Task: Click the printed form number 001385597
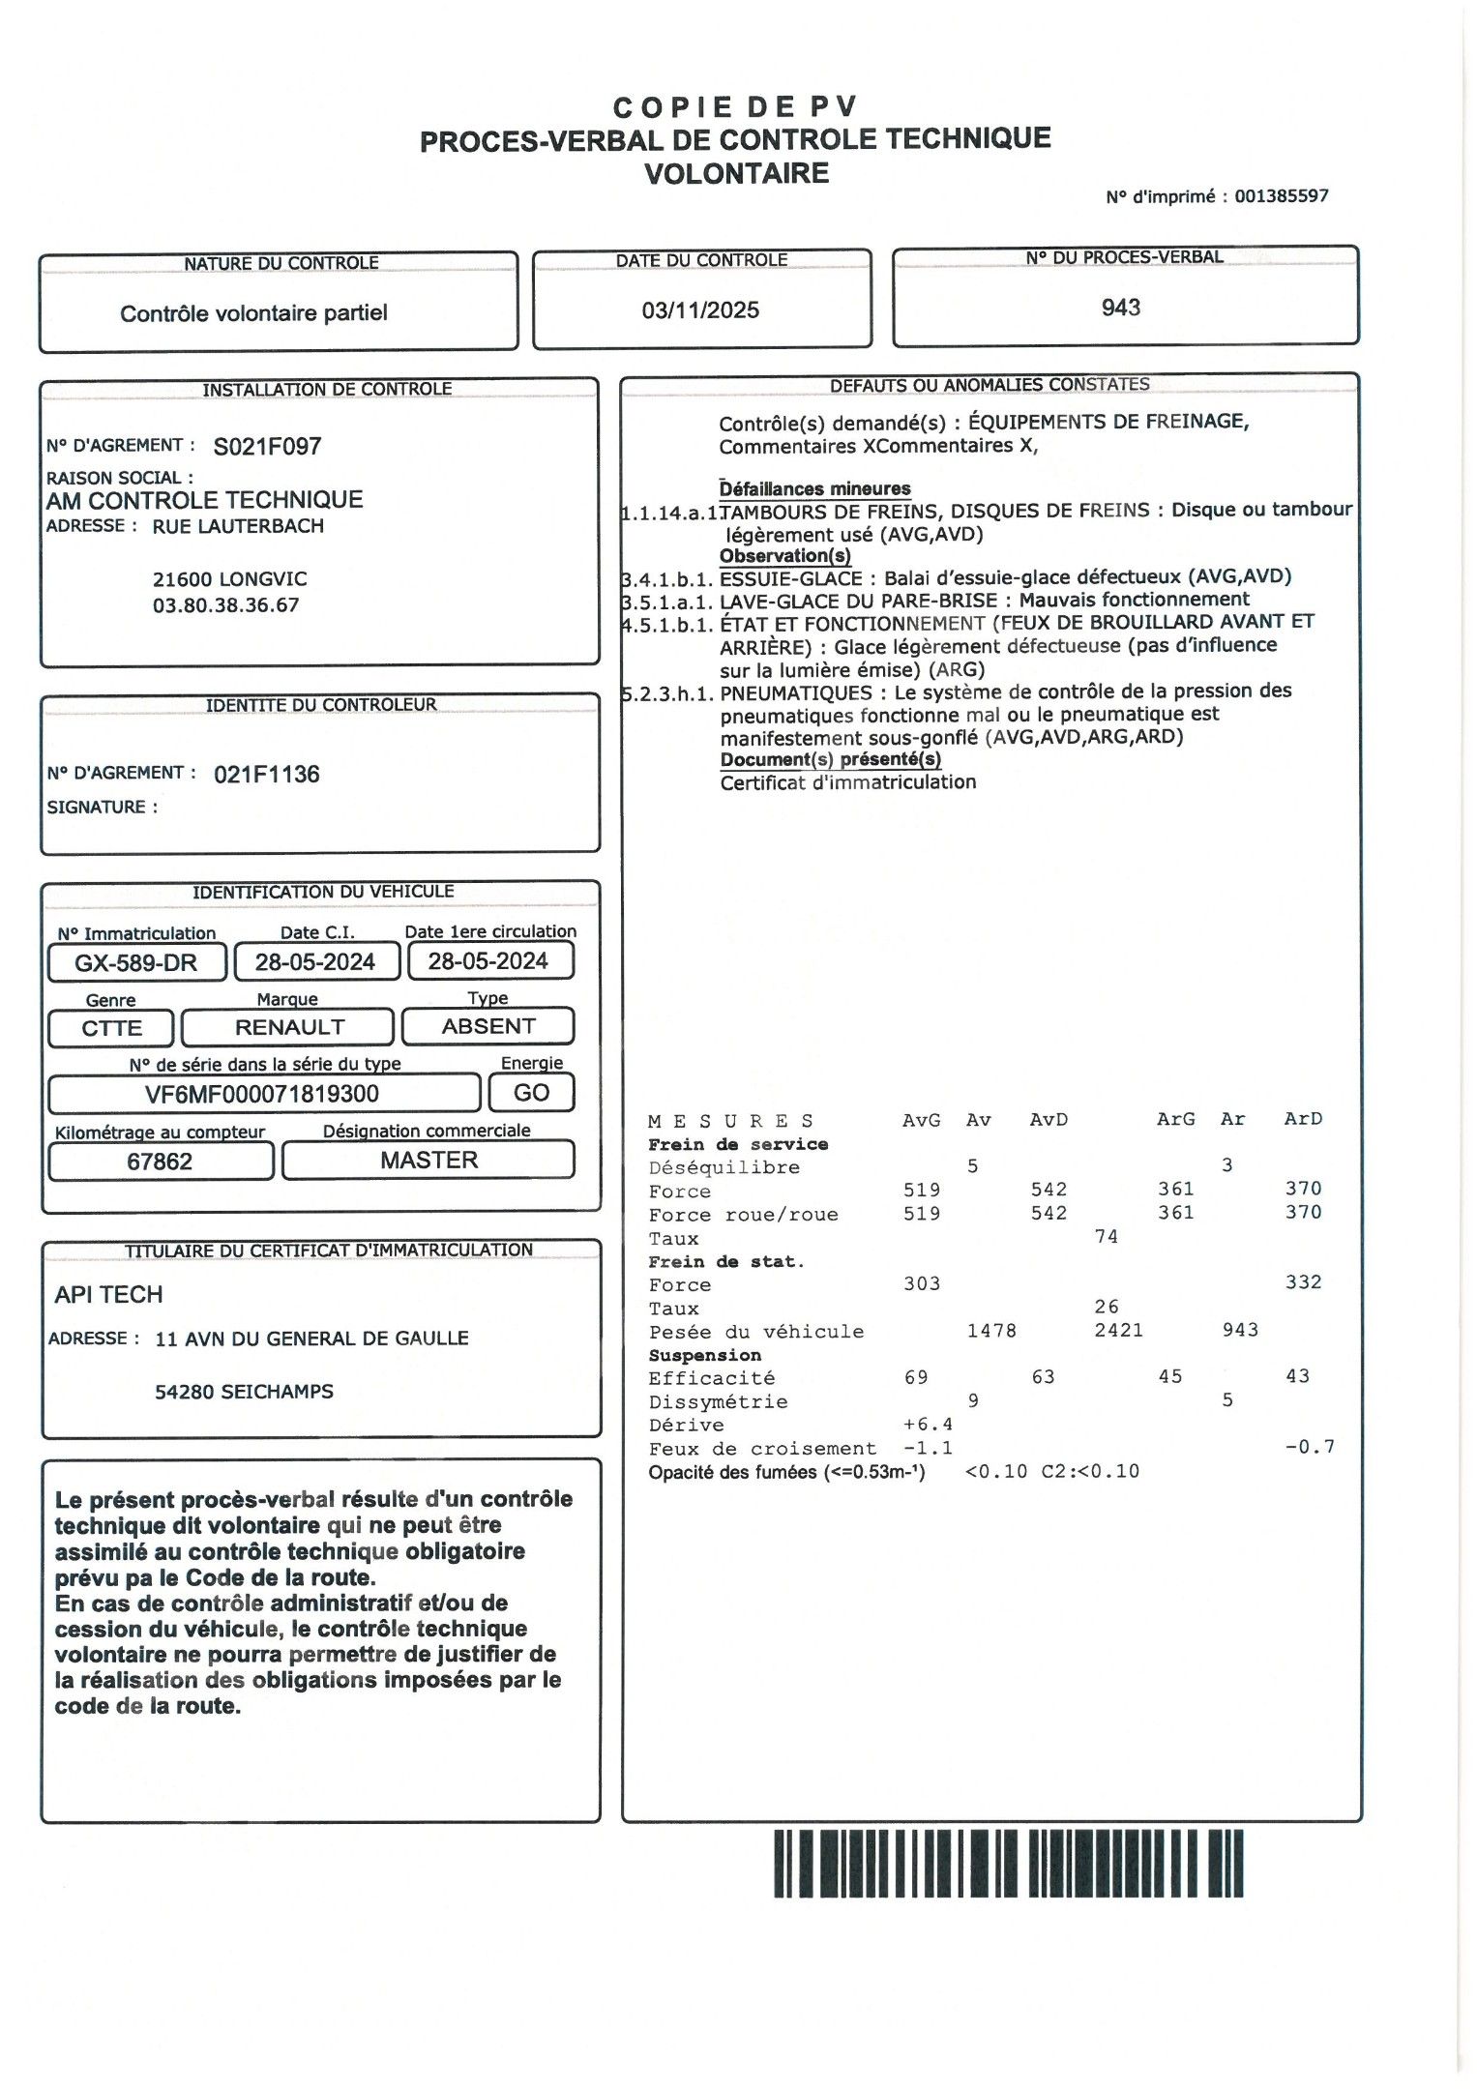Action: pyautogui.click(x=1282, y=196)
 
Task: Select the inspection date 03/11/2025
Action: pyautogui.click(x=700, y=310)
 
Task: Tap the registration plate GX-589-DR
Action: pyautogui.click(x=136, y=962)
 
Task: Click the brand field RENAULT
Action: pyautogui.click(x=288, y=1027)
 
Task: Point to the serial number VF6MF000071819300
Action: pyautogui.click(x=262, y=1094)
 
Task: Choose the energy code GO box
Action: pyautogui.click(x=531, y=1093)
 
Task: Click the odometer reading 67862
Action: pyautogui.click(x=160, y=1162)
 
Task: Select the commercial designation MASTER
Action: pyautogui.click(x=428, y=1161)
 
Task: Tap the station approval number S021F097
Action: pyautogui.click(x=267, y=447)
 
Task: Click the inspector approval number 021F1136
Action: pyautogui.click(x=266, y=775)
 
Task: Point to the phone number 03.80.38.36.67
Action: pyautogui.click(x=225, y=605)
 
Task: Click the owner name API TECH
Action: pyautogui.click(x=108, y=1295)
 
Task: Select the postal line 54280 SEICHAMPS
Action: pyautogui.click(x=244, y=1392)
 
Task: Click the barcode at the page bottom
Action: pyautogui.click(x=1008, y=1863)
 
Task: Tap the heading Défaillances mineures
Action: pyautogui.click(x=814, y=489)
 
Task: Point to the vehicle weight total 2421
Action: pyautogui.click(x=1118, y=1331)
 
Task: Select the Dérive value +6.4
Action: pyautogui.click(x=927, y=1425)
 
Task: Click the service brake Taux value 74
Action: pyautogui.click(x=1106, y=1237)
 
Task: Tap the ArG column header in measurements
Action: pyautogui.click(x=1175, y=1120)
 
